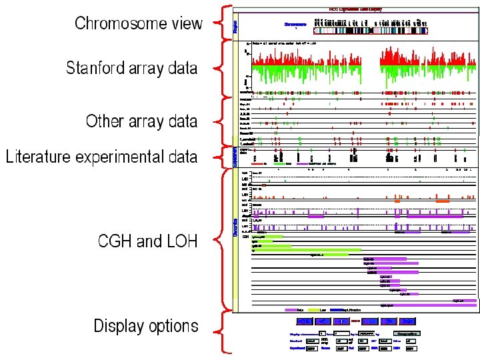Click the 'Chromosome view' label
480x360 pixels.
tap(138, 23)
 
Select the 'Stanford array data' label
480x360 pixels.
tap(131, 67)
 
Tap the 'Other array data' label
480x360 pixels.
tap(141, 121)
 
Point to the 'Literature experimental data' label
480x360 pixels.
tap(101, 157)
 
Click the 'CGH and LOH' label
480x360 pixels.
tap(147, 241)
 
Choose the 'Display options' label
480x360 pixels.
tap(145, 326)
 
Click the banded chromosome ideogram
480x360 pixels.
tap(370, 29)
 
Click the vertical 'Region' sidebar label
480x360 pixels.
tap(235, 26)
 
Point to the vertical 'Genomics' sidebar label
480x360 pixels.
tap(235, 227)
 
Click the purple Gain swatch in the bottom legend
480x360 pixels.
tap(291, 310)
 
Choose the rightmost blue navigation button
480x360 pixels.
tap(408, 321)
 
